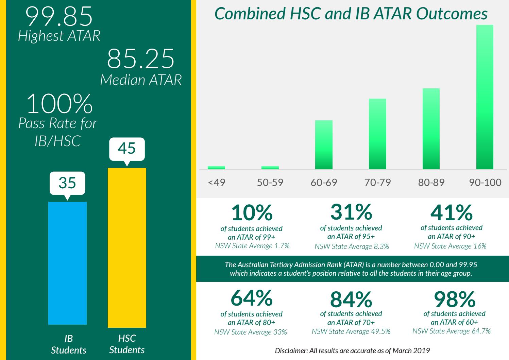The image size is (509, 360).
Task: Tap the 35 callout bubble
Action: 67,183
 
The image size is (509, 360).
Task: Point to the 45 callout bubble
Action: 127,149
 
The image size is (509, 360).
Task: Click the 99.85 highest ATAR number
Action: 59,16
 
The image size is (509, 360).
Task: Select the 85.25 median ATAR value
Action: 140,59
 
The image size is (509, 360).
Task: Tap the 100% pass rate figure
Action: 60,104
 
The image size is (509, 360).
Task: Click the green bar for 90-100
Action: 485,97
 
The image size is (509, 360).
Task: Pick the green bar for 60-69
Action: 324,144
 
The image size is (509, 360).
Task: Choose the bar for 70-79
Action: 377,134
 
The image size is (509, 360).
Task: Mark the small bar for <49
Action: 216,167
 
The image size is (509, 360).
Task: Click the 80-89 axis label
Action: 431,183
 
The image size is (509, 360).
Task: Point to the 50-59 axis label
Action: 270,183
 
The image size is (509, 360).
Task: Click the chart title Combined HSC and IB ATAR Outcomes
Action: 351,14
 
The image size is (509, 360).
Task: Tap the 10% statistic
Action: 252,213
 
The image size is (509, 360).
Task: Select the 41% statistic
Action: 451,213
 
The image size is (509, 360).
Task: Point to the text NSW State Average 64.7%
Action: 451,331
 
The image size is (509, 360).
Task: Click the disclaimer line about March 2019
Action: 352,350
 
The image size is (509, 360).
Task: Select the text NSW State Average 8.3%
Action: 352,246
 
